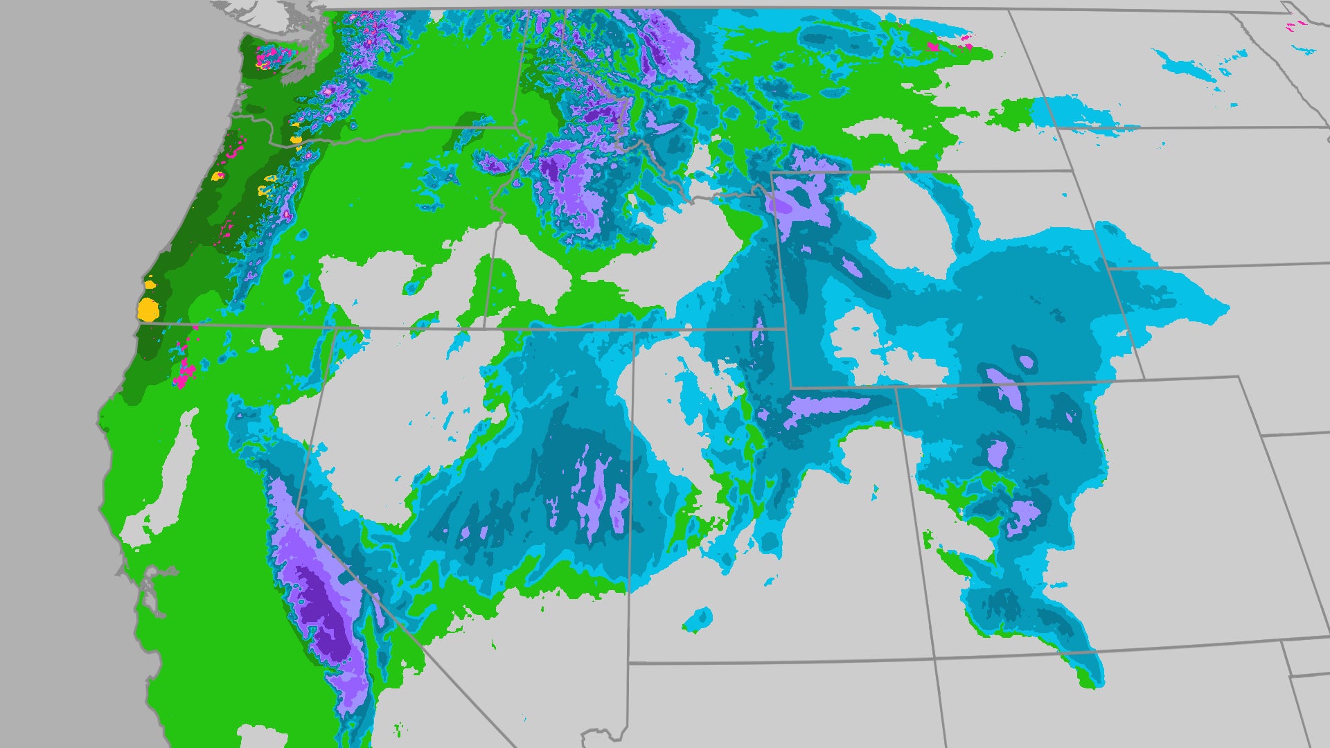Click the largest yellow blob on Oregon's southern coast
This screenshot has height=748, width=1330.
[148, 310]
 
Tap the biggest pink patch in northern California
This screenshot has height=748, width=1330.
[184, 374]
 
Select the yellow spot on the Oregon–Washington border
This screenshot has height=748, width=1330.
[296, 139]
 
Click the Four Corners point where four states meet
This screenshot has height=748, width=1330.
[934, 658]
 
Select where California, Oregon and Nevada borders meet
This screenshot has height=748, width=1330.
[335, 328]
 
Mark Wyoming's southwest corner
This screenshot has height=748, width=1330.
[791, 387]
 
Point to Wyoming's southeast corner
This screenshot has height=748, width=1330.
[1143, 378]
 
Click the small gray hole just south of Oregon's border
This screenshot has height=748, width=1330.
[270, 340]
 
